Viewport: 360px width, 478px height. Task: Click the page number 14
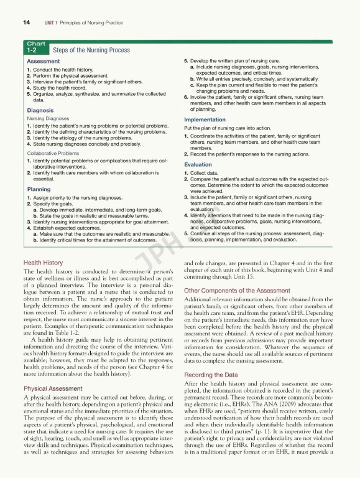(26, 22)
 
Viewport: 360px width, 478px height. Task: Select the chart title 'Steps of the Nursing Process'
(91, 50)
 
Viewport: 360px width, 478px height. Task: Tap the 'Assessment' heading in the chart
(44, 62)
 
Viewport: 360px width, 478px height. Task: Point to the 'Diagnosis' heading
(40, 110)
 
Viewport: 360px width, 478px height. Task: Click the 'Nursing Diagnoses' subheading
(48, 118)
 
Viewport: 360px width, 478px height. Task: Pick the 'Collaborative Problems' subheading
(53, 152)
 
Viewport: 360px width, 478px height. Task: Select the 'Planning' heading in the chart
(39, 189)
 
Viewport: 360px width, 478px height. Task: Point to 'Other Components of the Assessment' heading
(237, 290)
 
